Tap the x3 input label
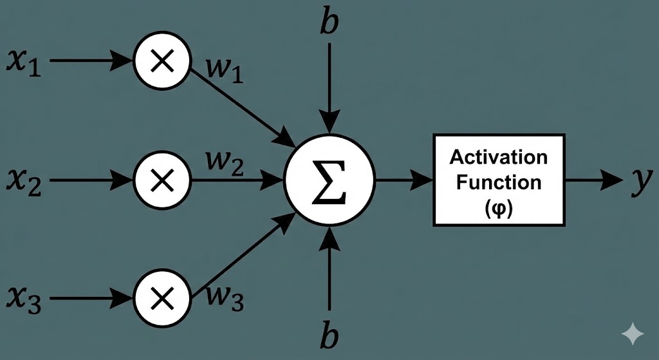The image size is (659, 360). pyautogui.click(x=24, y=300)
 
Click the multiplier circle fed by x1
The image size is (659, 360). pyautogui.click(x=162, y=61)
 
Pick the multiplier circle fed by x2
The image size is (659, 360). pyautogui.click(x=162, y=180)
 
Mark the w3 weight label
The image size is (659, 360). pyautogui.click(x=225, y=298)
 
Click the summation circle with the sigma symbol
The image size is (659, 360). pyautogui.click(x=330, y=180)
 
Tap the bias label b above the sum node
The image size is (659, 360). pyautogui.click(x=329, y=22)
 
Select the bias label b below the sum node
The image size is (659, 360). pyautogui.click(x=329, y=337)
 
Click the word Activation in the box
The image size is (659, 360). pyautogui.click(x=499, y=156)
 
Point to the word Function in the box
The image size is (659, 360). pyautogui.click(x=499, y=182)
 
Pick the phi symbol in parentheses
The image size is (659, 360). pyautogui.click(x=499, y=209)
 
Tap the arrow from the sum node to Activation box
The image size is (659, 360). pyautogui.click(x=404, y=180)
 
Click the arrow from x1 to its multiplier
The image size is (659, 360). pyautogui.click(x=90, y=61)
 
